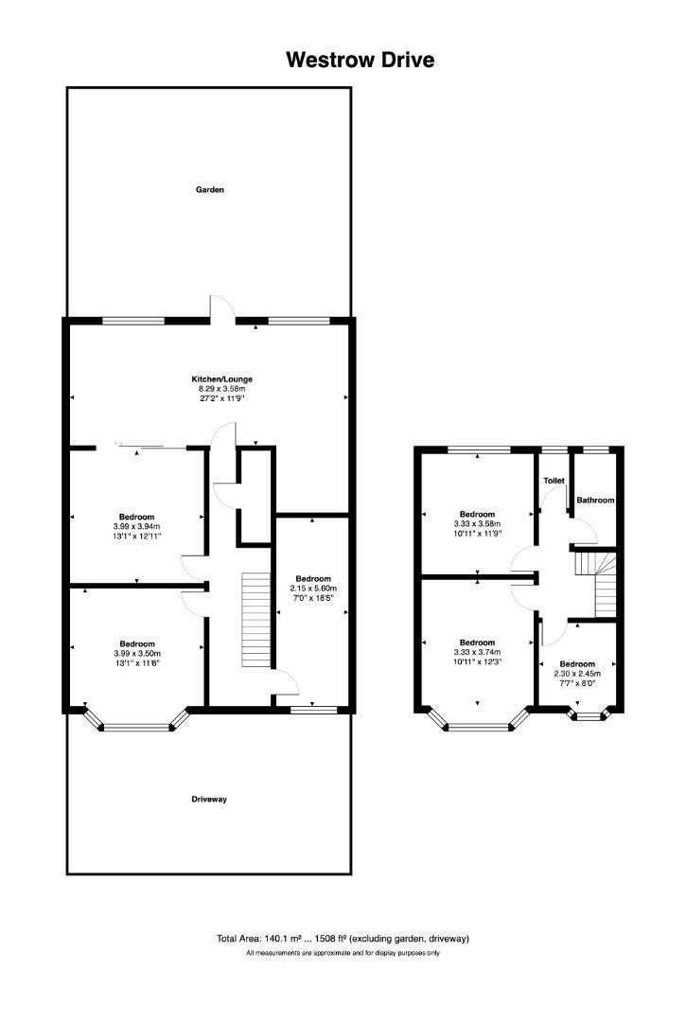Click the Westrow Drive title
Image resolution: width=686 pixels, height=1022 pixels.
click(361, 61)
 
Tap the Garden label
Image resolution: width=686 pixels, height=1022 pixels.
click(209, 190)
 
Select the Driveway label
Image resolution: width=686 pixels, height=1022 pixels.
click(209, 800)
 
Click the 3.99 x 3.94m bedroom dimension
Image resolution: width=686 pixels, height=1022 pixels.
click(137, 527)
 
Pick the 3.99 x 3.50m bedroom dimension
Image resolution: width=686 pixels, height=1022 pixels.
click(137, 653)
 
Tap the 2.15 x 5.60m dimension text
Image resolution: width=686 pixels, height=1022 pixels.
click(313, 589)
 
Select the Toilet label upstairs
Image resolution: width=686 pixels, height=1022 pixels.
click(554, 481)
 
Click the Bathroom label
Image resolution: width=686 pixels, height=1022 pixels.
click(596, 500)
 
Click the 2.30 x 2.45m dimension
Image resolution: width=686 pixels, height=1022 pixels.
click(576, 673)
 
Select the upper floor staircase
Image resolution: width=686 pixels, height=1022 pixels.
click(596, 583)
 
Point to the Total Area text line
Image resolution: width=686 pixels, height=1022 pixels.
click(343, 939)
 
